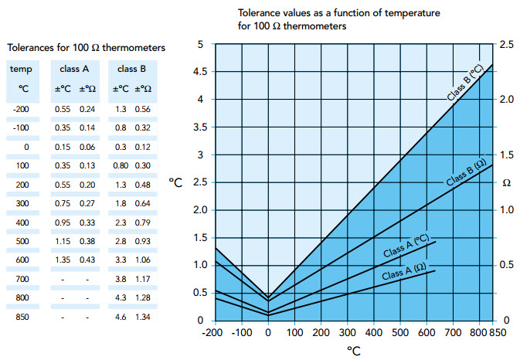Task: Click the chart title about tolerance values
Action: (x=339, y=19)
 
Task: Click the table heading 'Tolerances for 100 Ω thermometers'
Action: (x=85, y=49)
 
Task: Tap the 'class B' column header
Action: (x=132, y=69)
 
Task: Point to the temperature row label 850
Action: (x=21, y=317)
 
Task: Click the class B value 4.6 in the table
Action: (x=121, y=317)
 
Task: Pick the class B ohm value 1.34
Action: (x=144, y=317)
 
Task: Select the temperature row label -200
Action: (x=21, y=109)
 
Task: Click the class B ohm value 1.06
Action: (x=144, y=260)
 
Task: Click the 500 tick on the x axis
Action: (x=399, y=332)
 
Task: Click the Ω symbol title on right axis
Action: (x=507, y=183)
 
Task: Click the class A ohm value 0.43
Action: (x=87, y=260)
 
